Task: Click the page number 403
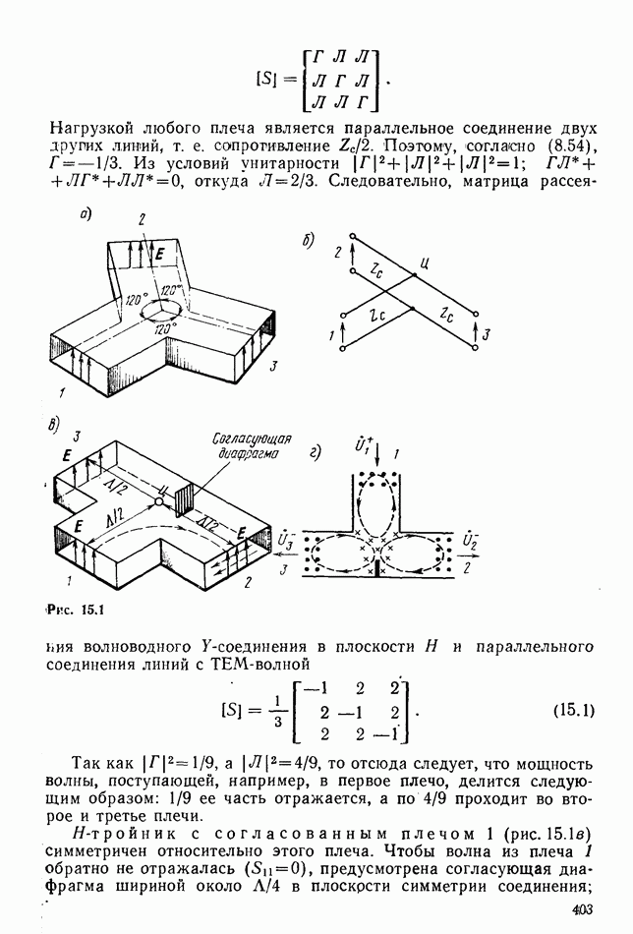(583, 909)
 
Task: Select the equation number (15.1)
(573, 710)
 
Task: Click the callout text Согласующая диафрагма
(252, 445)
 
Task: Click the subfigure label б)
(308, 240)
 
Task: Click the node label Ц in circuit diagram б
(424, 263)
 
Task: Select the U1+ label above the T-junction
(363, 445)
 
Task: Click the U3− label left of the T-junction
(285, 540)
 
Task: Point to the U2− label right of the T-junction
(470, 540)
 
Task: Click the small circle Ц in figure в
(159, 502)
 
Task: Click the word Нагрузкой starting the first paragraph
(92, 129)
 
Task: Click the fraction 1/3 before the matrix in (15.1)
(277, 711)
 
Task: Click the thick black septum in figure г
(376, 566)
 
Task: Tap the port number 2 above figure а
(142, 219)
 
